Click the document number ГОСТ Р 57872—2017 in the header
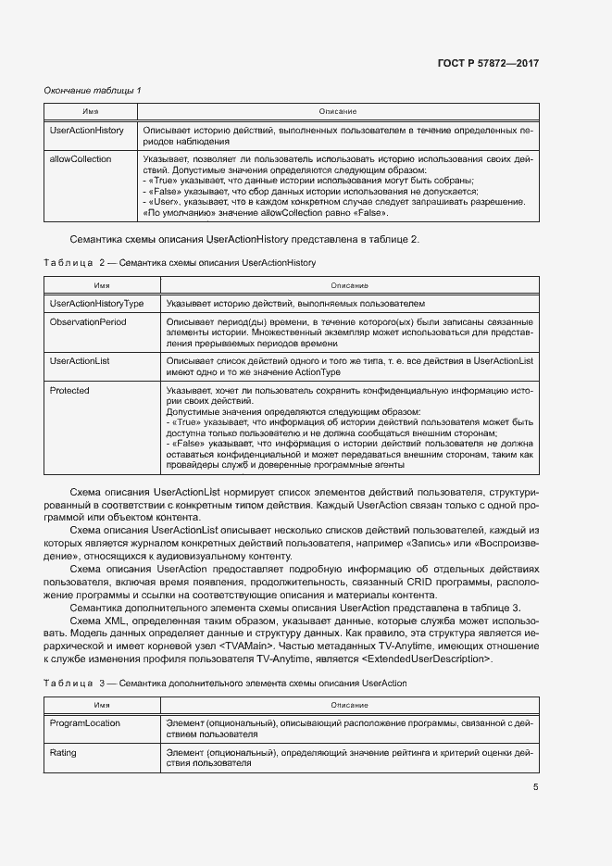pos(487,63)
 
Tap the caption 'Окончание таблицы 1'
pos(93,90)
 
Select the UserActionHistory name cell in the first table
pos(86,131)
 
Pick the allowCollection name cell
pos(81,159)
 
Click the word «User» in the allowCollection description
pos(164,201)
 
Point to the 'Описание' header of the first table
pos(337,111)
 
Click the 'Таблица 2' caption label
pos(74,263)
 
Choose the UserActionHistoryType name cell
pos(96,303)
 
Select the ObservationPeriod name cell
pos(88,321)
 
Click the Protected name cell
pos(69,391)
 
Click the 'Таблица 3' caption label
pos(74,683)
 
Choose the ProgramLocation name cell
pos(85,722)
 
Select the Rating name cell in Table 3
pos(63,753)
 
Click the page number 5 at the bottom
pos(535,787)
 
